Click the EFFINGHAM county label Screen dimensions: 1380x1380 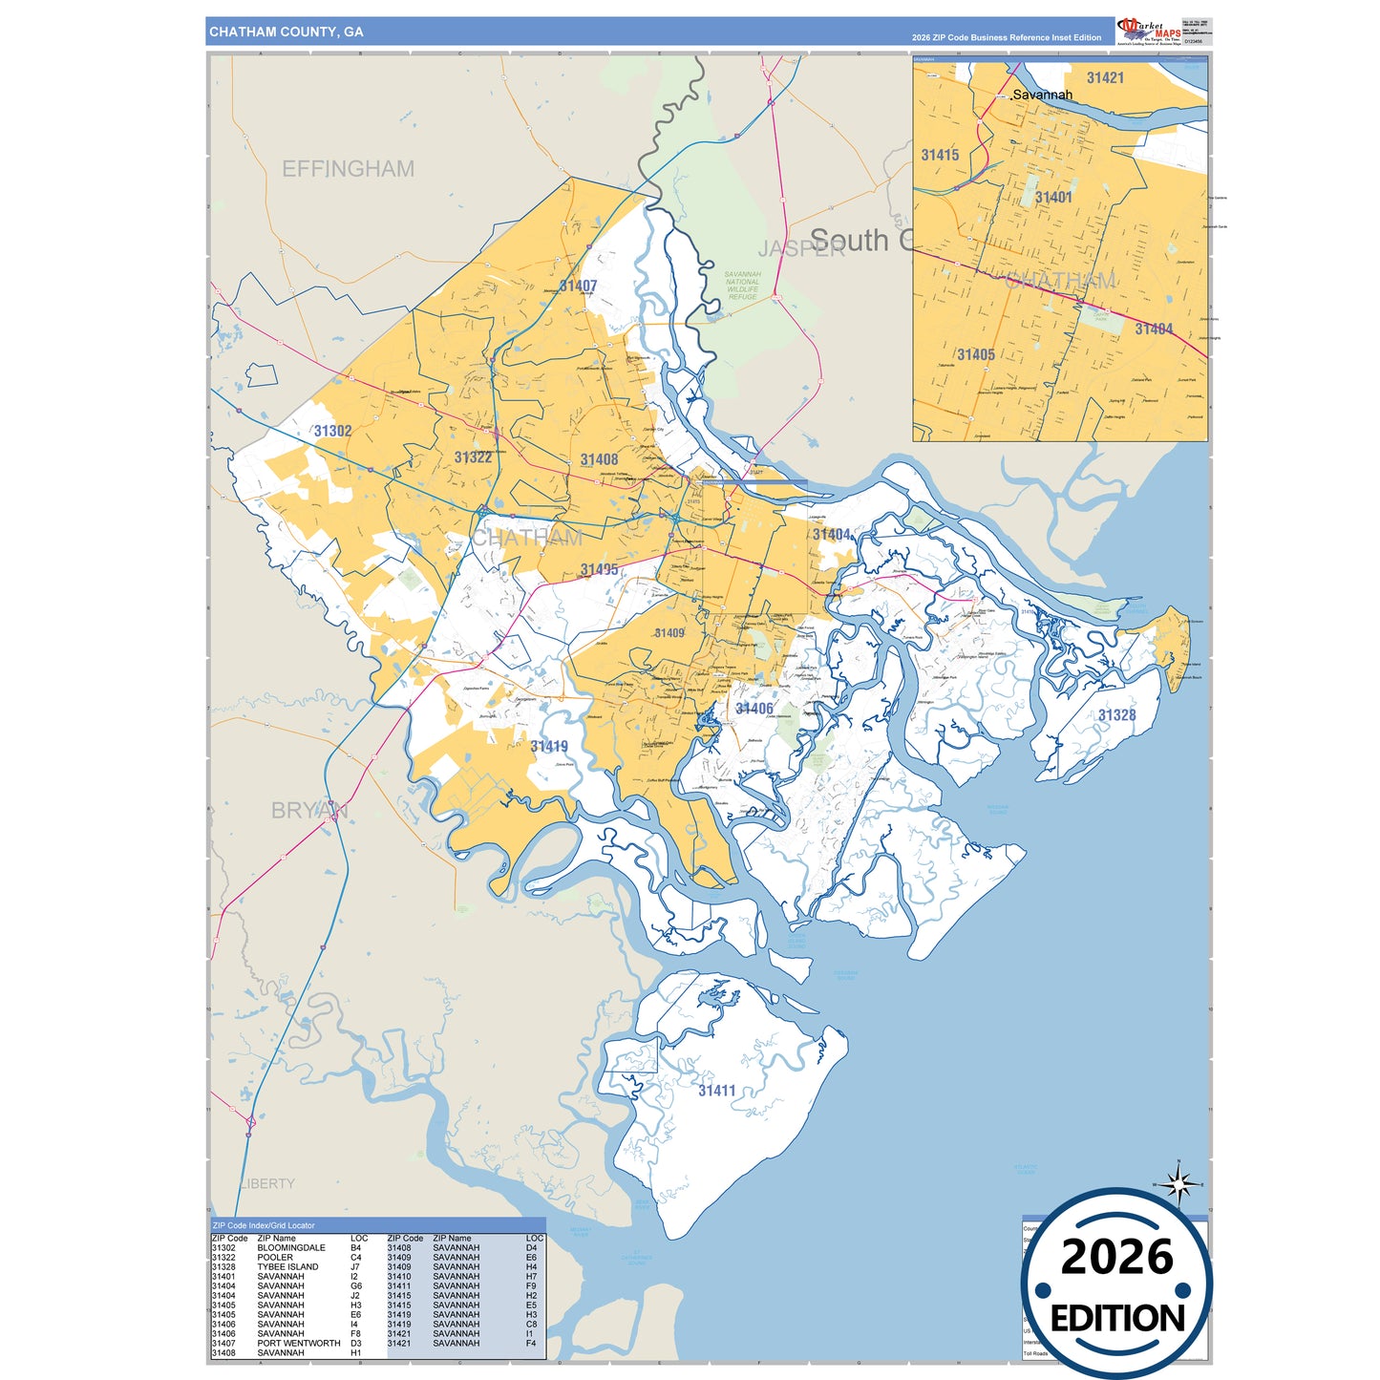point(348,169)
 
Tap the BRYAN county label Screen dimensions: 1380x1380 point(308,810)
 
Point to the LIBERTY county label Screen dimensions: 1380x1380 point(267,1183)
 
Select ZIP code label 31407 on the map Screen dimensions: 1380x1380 point(578,286)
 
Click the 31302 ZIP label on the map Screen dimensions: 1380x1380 point(332,431)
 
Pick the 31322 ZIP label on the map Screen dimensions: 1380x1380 point(473,457)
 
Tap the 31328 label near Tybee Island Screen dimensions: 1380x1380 point(1116,715)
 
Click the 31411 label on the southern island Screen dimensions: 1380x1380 point(716,1091)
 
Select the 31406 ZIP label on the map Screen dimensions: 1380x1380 point(754,709)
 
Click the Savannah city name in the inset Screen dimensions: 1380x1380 point(1042,95)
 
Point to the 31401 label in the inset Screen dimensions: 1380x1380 point(1053,198)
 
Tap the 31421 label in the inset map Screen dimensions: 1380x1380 point(1105,78)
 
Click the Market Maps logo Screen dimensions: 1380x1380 point(1149,31)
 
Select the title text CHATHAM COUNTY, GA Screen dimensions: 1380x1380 point(287,32)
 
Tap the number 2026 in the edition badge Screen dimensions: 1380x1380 point(1116,1257)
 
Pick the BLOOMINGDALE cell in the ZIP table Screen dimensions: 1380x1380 point(291,1247)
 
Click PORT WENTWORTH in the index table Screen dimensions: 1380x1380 point(299,1343)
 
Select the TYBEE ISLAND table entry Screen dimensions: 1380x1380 point(287,1266)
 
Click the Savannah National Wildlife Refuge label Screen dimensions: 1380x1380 point(742,286)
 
